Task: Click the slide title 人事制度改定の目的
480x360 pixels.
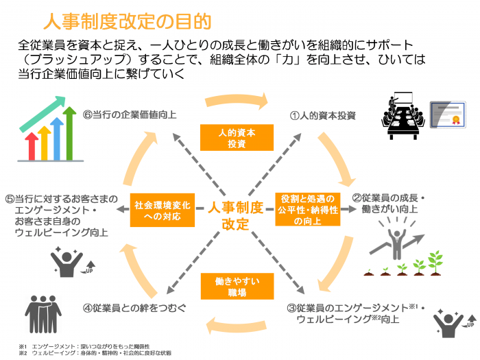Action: point(126,21)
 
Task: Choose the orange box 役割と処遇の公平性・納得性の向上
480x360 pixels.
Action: point(307,210)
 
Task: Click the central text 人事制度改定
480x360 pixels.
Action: point(235,215)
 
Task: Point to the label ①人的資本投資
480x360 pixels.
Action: point(322,115)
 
